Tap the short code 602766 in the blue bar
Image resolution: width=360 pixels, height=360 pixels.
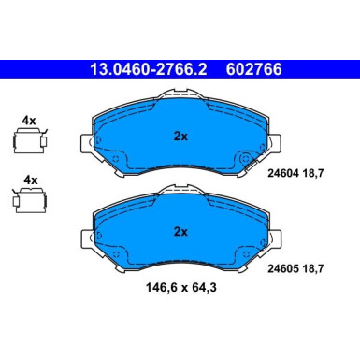249,69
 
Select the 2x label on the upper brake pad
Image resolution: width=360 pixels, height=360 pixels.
180,136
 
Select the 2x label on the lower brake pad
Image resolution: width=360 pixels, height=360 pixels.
180,230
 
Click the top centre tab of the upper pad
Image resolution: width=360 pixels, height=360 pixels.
180,94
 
